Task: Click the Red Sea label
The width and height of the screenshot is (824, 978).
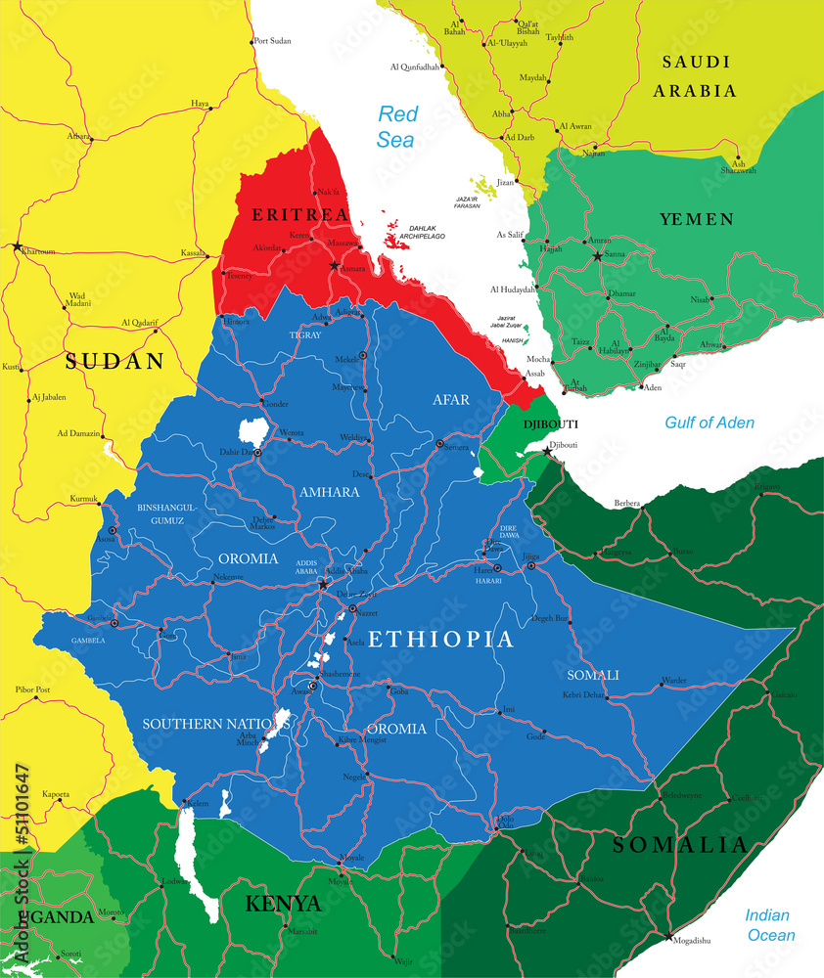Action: (397, 126)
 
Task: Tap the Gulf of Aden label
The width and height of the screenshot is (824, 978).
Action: (710, 422)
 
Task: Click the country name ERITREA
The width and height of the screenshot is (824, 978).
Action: (299, 213)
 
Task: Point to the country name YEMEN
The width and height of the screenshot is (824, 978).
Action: (697, 219)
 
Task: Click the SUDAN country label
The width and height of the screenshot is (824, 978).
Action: (114, 361)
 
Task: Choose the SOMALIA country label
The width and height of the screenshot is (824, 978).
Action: (679, 845)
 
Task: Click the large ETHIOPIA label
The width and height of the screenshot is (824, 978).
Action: (439, 640)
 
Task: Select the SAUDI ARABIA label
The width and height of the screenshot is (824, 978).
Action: (697, 76)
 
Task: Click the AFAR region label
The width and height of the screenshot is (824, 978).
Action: (452, 399)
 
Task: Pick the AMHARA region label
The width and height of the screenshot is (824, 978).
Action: (330, 491)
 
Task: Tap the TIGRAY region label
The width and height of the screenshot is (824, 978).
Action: (305, 334)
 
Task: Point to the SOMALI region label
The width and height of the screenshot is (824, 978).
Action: (593, 675)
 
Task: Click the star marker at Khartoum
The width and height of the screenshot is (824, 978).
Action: (17, 246)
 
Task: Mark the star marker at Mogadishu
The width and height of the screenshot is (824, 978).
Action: (669, 937)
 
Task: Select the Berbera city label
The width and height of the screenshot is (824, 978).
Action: (626, 503)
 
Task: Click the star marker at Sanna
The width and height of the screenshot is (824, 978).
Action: (597, 256)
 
